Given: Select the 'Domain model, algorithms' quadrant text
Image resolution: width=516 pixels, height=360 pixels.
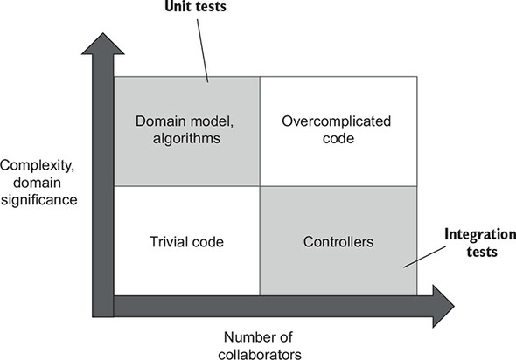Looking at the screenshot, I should tap(186, 129).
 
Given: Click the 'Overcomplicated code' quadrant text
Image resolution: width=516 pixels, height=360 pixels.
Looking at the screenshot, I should tap(337, 129).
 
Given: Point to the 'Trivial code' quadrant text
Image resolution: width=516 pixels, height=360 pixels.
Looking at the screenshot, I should tap(186, 240).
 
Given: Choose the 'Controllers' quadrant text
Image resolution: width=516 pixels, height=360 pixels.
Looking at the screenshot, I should tap(337, 240).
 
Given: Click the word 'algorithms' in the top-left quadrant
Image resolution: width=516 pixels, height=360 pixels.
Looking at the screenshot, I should tap(186, 138).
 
